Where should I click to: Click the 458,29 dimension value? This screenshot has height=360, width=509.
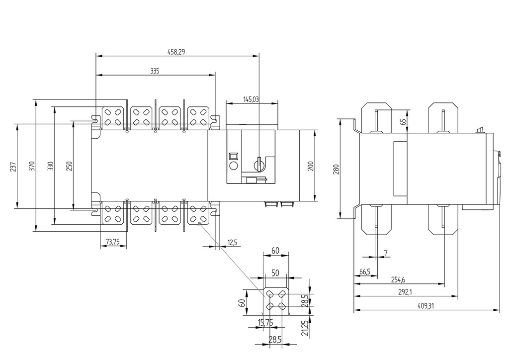(x=177, y=51)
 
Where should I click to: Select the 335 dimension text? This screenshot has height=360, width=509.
(x=155, y=71)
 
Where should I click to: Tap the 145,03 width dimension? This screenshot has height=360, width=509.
(x=251, y=99)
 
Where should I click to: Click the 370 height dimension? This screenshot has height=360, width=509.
(x=32, y=166)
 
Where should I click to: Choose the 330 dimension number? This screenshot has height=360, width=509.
(x=50, y=166)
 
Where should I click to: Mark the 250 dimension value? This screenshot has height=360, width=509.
(x=69, y=166)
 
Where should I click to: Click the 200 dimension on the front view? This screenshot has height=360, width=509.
(x=311, y=166)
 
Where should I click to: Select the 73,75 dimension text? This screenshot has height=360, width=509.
(x=113, y=242)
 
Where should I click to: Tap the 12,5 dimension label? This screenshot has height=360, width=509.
(x=232, y=242)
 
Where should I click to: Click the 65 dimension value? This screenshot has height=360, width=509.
(x=403, y=121)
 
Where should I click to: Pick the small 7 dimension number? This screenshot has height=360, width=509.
(x=386, y=253)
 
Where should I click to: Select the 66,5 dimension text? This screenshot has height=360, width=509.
(x=365, y=272)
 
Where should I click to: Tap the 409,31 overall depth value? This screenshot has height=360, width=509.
(x=425, y=306)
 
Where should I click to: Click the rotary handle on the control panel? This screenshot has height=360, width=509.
(x=258, y=163)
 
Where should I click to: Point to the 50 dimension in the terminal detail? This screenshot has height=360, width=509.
(x=275, y=273)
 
